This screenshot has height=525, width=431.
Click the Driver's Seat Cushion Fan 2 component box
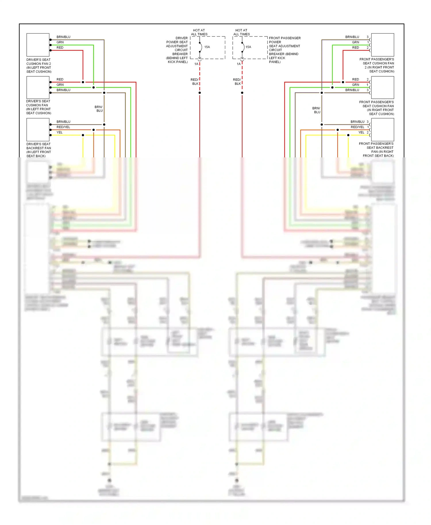(38, 45)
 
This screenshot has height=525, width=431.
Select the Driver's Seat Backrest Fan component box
(38, 130)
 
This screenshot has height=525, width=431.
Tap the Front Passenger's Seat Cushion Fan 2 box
(382, 45)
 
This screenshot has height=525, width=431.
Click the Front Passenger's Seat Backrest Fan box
(382, 130)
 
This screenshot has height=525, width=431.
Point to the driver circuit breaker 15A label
(207, 47)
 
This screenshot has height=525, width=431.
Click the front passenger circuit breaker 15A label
(248, 47)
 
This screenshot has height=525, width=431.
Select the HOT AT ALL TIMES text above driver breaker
(199, 32)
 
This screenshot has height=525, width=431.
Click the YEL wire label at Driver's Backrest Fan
(59, 132)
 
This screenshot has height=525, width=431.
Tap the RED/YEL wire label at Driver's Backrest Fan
(63, 127)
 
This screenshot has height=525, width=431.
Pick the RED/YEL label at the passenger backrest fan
(357, 127)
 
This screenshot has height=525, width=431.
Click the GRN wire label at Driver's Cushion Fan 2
(60, 42)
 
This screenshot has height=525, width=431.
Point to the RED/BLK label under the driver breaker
(195, 82)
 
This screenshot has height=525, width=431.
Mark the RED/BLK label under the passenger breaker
(237, 82)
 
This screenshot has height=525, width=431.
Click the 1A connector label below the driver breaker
(196, 64)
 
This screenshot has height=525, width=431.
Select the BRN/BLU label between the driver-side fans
(99, 109)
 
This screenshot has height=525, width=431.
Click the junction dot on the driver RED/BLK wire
(200, 93)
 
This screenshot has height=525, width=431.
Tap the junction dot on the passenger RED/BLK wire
(242, 93)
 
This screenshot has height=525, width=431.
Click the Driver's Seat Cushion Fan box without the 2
(38, 87)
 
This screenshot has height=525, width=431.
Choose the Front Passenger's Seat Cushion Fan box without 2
(382, 87)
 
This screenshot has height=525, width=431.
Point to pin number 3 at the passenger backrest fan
(367, 122)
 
